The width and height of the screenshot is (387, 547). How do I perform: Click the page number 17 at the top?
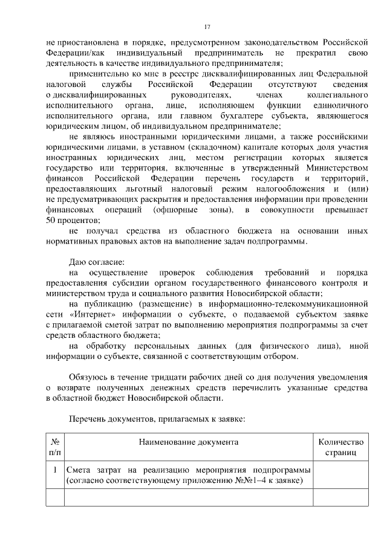pyautogui.click(x=207, y=27)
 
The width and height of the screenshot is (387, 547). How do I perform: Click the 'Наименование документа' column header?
pyautogui.click(x=189, y=442)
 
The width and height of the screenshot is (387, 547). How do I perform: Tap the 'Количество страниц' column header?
pyautogui.click(x=341, y=447)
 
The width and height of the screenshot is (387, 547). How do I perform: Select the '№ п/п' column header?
pyautogui.click(x=54, y=447)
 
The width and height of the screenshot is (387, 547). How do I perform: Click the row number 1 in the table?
pyautogui.click(x=54, y=470)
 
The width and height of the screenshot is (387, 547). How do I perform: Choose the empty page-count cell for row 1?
pyautogui.click(x=341, y=475)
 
